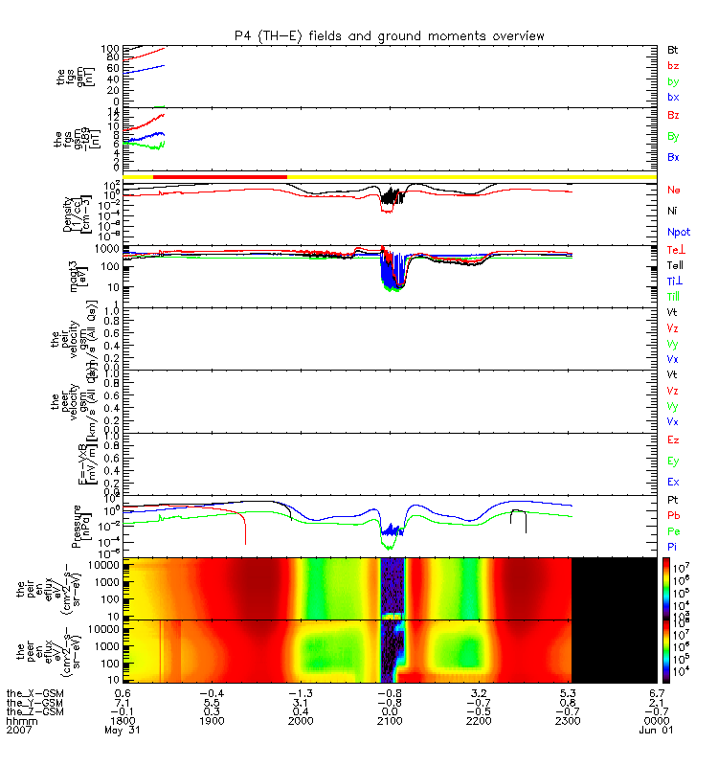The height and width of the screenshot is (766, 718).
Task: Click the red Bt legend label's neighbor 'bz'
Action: [x=673, y=65]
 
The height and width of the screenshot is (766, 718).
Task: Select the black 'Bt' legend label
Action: [x=673, y=49]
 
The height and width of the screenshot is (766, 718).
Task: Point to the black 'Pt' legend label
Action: [x=673, y=501]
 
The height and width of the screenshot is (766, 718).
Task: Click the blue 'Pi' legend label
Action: [x=673, y=546]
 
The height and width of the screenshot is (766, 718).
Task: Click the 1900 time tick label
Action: [x=212, y=721]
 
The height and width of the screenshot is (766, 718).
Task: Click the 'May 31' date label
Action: [x=123, y=732]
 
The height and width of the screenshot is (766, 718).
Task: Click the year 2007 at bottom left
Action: [x=18, y=732]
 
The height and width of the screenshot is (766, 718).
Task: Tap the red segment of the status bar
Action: [x=219, y=177]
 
